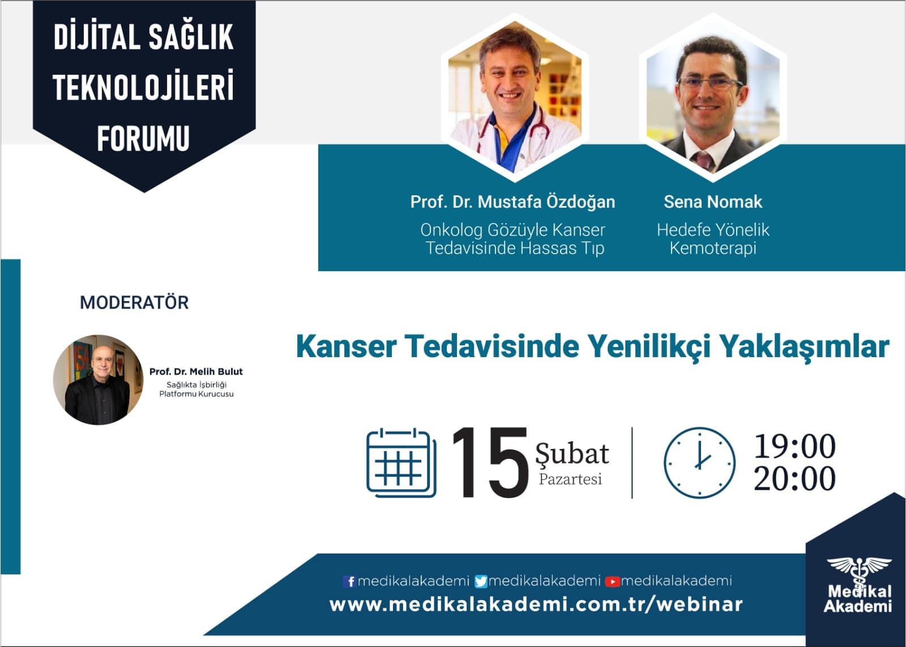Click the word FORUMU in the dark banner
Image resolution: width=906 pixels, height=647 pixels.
click(143, 139)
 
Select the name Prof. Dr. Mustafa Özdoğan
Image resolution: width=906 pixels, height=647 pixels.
click(512, 202)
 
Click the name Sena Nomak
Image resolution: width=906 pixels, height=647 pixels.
click(713, 202)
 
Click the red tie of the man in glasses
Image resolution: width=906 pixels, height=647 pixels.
click(704, 160)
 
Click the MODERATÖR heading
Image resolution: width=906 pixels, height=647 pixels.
click(134, 302)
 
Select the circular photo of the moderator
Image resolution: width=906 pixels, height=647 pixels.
click(98, 380)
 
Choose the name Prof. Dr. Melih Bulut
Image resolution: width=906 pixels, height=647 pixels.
click(196, 372)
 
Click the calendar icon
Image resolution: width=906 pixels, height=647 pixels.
click(401, 462)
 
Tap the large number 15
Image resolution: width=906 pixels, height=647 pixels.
click(490, 462)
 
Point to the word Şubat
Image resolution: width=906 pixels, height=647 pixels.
click(572, 454)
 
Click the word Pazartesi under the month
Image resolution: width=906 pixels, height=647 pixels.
click(570, 479)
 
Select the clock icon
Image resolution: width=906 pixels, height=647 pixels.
click(699, 462)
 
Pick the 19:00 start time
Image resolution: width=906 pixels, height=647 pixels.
click(794, 446)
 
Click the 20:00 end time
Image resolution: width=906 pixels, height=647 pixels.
click(794, 478)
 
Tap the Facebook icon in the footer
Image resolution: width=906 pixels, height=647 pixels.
click(349, 581)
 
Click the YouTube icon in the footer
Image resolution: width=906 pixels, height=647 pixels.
click(612, 581)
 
